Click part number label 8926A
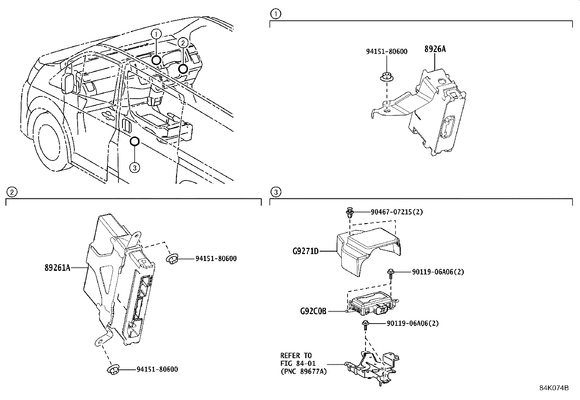(x=435, y=49)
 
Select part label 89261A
(x=57, y=268)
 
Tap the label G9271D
(x=305, y=251)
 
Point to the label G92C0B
(x=313, y=311)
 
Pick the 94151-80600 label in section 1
(x=387, y=52)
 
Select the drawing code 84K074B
(x=554, y=388)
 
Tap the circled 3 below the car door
(x=134, y=167)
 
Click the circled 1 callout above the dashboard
(x=156, y=34)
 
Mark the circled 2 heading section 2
(x=12, y=192)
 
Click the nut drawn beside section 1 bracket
(x=385, y=78)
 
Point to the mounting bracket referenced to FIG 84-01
(x=372, y=366)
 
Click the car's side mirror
(x=69, y=84)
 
